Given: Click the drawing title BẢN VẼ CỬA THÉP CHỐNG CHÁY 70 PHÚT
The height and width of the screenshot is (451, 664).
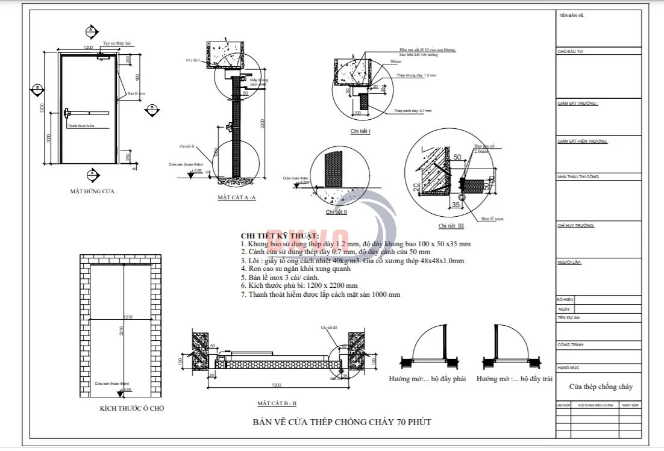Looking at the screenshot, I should pyautogui.click(x=342, y=421).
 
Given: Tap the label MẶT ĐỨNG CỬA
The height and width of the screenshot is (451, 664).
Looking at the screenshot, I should pyautogui.click(x=92, y=191).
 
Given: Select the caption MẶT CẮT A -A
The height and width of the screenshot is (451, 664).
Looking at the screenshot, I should pyautogui.click(x=237, y=198).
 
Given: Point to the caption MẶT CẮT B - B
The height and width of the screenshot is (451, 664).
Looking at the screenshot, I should pyautogui.click(x=277, y=403).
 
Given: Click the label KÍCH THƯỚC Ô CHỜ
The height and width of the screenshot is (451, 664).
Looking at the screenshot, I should pyautogui.click(x=132, y=408).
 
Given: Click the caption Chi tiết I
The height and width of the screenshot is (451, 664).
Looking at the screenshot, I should pyautogui.click(x=360, y=131).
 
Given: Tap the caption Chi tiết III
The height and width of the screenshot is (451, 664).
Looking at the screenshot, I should pyautogui.click(x=451, y=226).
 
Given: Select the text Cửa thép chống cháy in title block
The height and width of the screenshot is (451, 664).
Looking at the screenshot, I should pyautogui.click(x=601, y=387).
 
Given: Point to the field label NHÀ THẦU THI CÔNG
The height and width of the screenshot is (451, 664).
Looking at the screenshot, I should pyautogui.click(x=578, y=177).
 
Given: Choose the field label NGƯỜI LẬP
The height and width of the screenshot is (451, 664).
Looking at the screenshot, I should pyautogui.click(x=569, y=263).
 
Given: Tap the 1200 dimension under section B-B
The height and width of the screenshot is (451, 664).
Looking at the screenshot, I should pyautogui.click(x=277, y=385).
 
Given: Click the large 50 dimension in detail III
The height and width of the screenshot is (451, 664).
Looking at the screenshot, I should pyautogui.click(x=457, y=158).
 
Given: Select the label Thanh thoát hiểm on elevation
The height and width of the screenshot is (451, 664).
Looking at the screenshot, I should pyautogui.click(x=81, y=126).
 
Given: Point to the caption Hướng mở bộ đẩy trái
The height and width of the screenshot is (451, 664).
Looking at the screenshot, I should pyautogui.click(x=515, y=379).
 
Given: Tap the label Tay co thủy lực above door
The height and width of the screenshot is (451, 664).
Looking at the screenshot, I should pyautogui.click(x=116, y=44).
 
